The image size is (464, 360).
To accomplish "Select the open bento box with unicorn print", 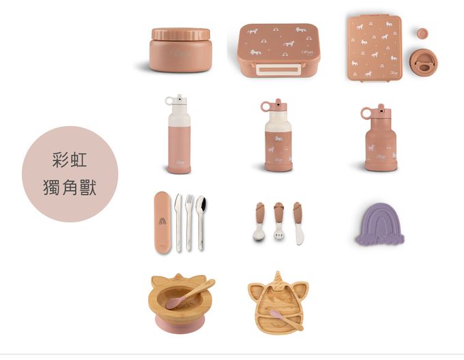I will point(374,48).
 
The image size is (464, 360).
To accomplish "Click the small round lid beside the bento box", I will point(422,32).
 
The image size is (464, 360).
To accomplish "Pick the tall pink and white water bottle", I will point(179,135).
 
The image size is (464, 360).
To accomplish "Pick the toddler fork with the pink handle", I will point(279,222).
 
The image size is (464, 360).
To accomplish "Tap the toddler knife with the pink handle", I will point(298,222).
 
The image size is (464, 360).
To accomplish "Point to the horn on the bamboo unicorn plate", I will point(279,278).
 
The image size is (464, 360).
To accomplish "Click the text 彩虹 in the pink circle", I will point(70,162).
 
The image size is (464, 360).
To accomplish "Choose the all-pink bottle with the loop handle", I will point(380,139).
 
